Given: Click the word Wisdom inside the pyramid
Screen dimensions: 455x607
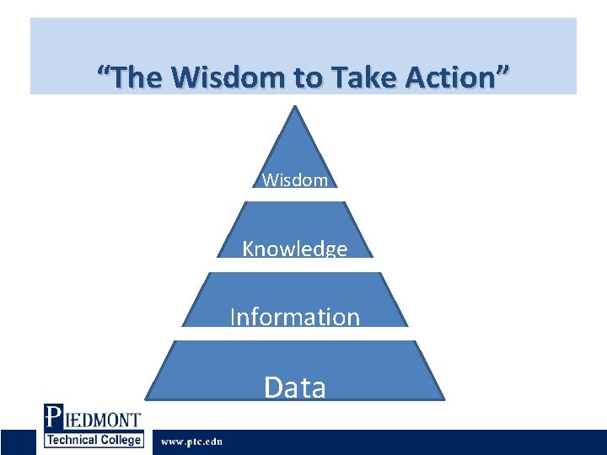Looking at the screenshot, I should [294, 180].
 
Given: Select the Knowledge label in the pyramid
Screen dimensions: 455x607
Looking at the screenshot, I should [294, 249].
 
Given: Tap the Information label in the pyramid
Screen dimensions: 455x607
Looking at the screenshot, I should [294, 317].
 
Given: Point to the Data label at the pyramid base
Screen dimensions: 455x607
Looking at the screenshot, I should [294, 387].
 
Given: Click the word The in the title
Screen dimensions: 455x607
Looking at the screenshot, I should [139, 78].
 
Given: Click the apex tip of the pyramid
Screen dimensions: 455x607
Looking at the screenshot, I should [294, 107].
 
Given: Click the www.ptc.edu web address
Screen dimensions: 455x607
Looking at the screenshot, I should [191, 442].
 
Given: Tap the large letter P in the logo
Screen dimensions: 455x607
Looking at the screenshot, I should [53, 417].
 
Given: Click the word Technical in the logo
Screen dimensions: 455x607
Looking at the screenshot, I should [77, 439].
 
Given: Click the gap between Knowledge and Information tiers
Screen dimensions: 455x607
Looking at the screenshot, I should [294, 264].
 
